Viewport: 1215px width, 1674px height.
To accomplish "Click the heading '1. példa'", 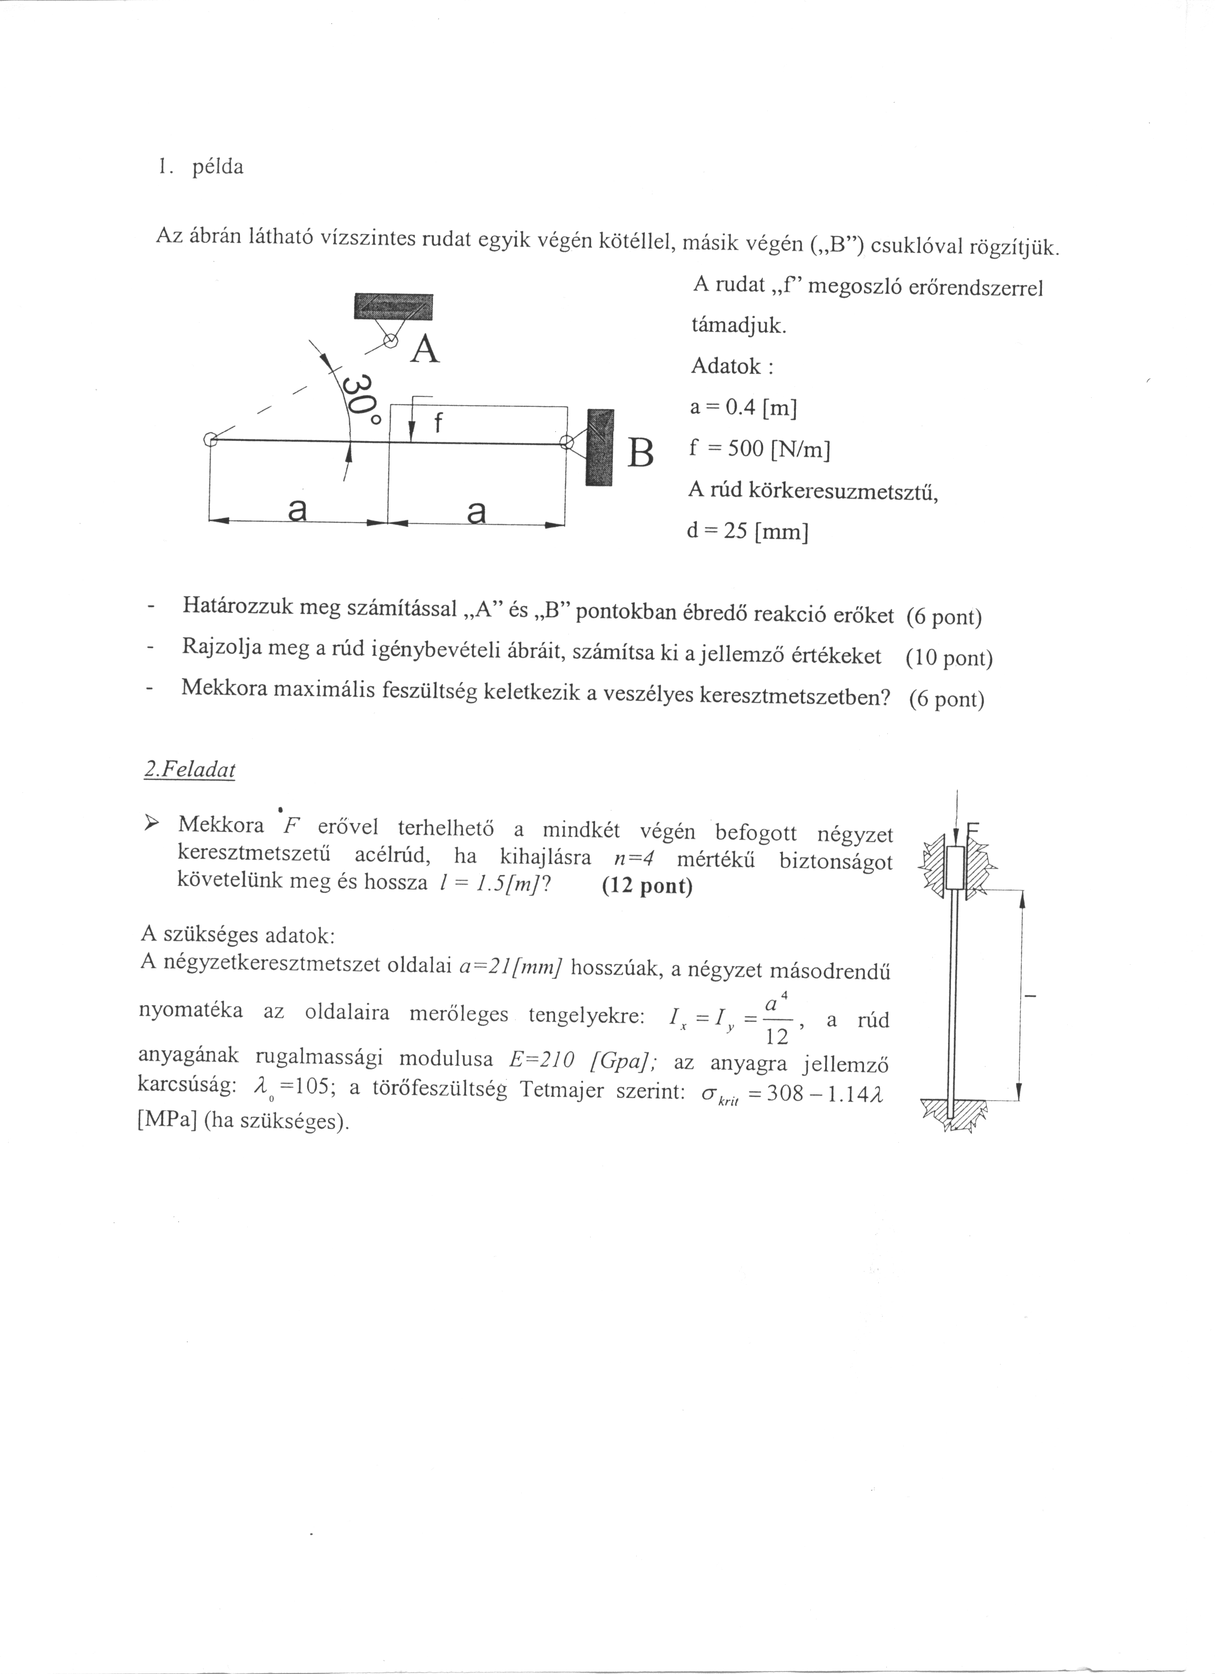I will [199, 167].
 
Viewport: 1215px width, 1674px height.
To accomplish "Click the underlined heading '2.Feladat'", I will [189, 770].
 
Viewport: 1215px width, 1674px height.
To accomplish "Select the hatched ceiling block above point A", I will [393, 306].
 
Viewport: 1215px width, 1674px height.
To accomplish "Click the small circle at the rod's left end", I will [210, 441].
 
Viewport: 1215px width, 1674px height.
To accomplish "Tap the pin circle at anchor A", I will [390, 341].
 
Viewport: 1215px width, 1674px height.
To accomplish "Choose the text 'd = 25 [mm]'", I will [747, 531].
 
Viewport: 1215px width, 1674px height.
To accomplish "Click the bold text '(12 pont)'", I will [647, 886].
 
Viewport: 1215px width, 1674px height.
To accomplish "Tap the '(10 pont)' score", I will [949, 658].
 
